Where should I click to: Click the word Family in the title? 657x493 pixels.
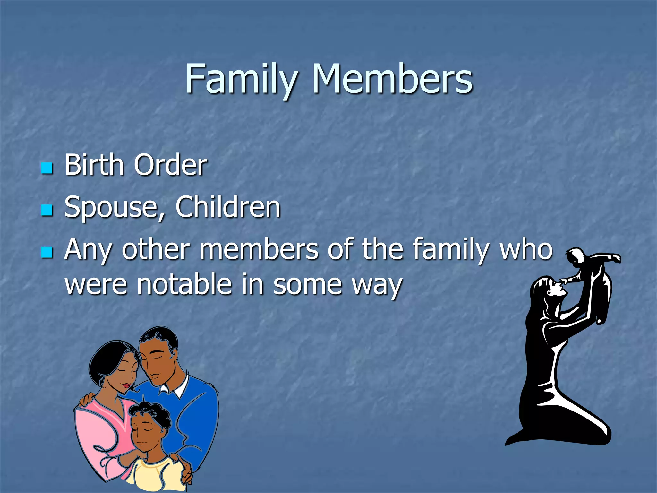[x=241, y=79]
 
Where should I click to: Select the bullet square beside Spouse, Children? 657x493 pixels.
[x=47, y=210]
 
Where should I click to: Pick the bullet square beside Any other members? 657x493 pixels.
[x=47, y=252]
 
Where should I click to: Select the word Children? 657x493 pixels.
[x=228, y=207]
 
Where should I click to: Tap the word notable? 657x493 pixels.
[x=184, y=284]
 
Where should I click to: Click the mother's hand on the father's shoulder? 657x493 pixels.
[x=87, y=400]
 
